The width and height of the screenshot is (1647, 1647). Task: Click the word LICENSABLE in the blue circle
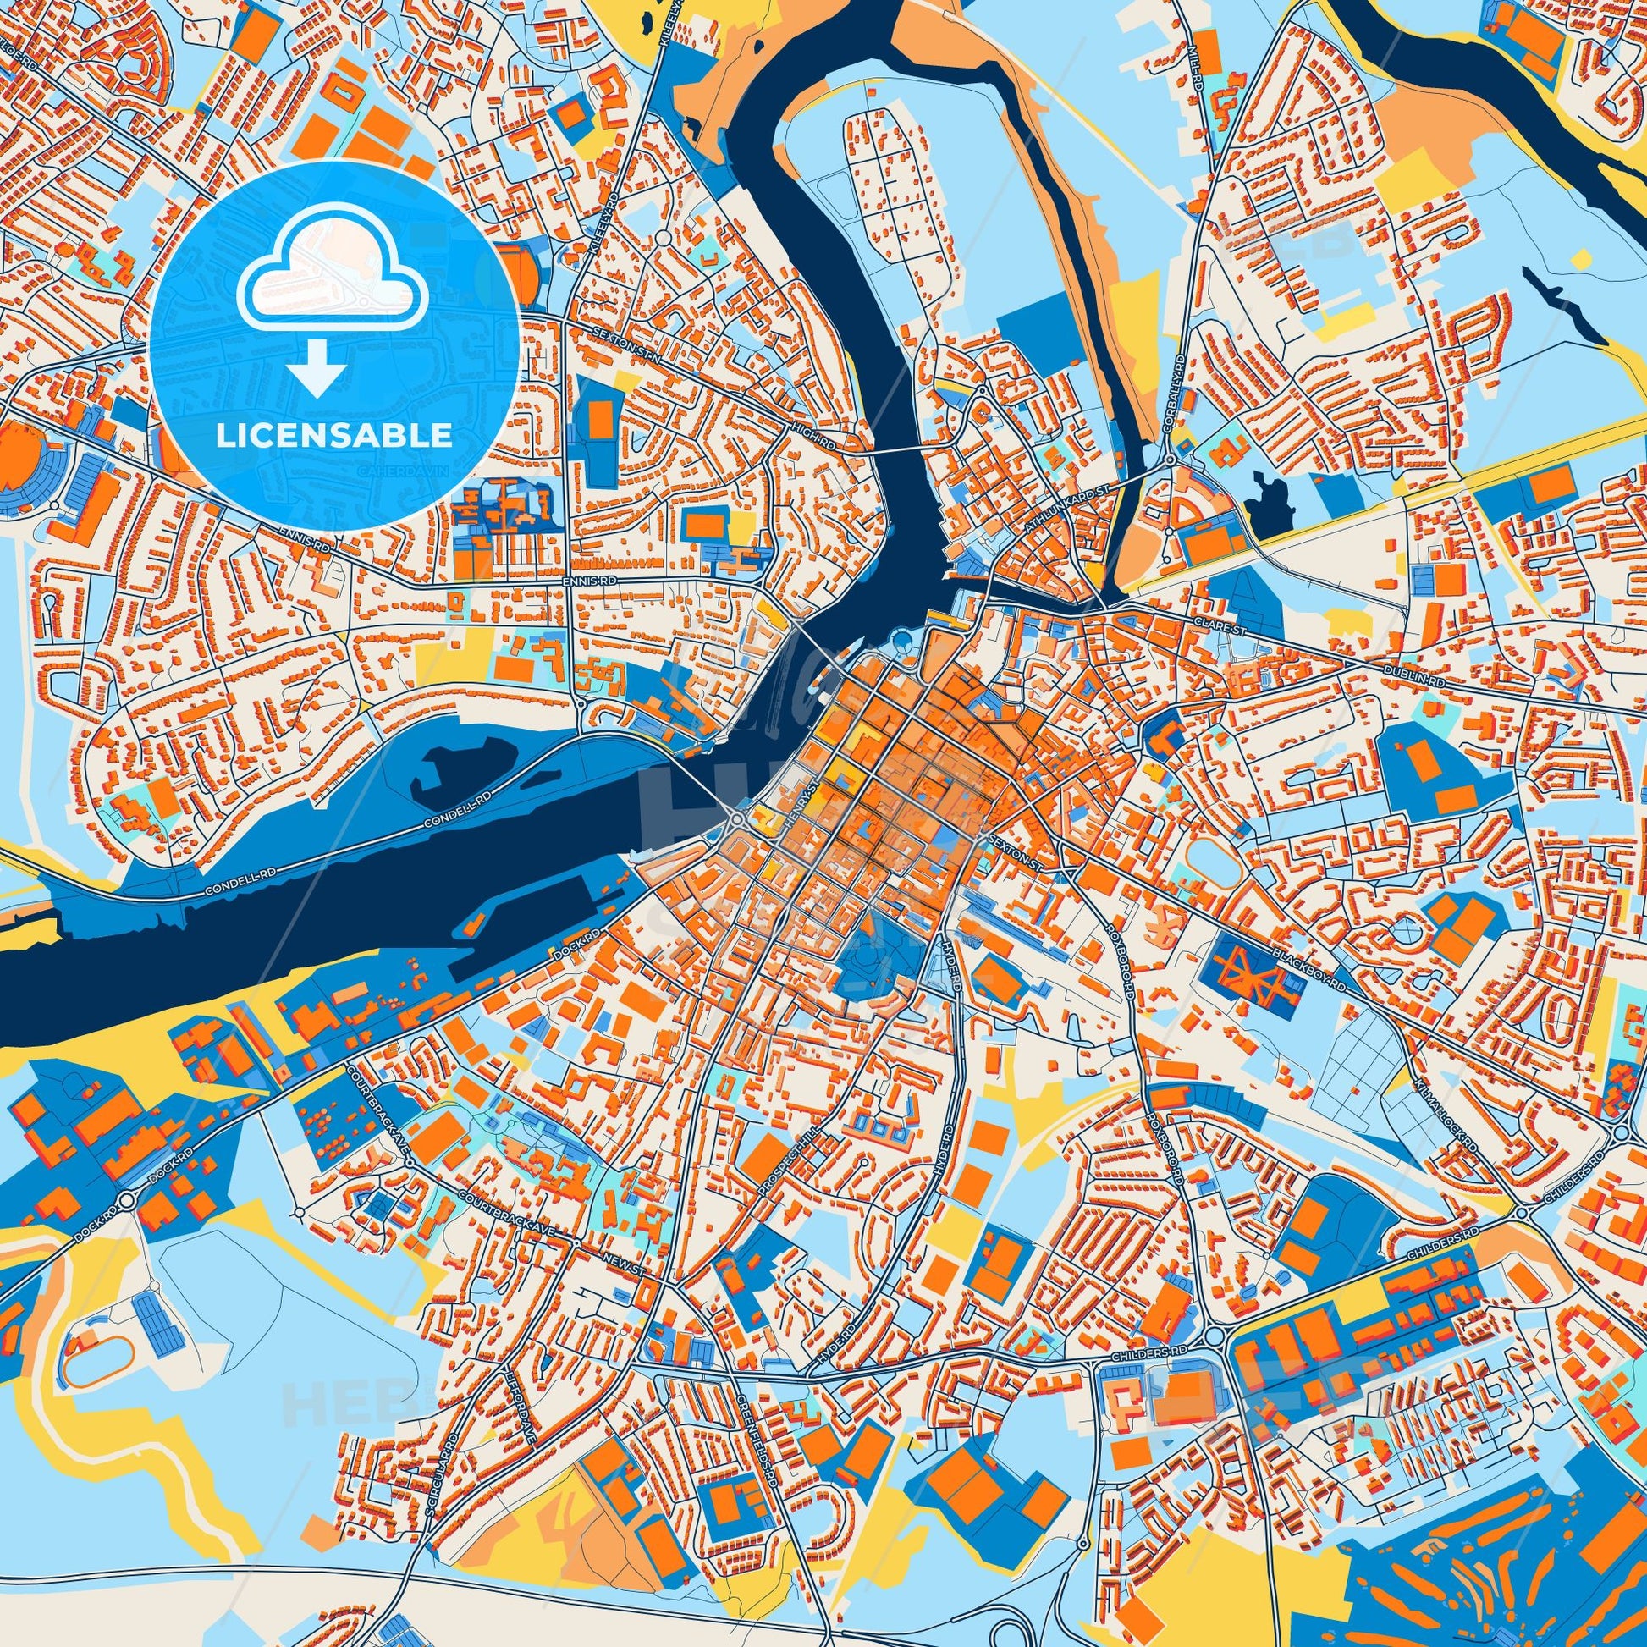(333, 436)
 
